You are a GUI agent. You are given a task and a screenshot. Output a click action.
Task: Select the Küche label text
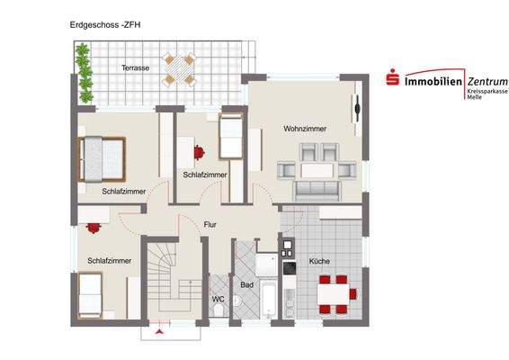[x=319, y=261]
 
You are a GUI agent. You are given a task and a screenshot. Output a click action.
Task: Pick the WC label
[x=218, y=298]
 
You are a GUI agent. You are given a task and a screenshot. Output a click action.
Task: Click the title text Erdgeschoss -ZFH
[x=104, y=25]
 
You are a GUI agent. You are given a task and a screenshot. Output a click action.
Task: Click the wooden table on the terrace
[x=179, y=68]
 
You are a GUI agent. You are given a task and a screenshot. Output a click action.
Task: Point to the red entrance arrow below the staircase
[x=159, y=334]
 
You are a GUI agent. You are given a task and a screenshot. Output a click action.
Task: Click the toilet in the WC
[x=220, y=312]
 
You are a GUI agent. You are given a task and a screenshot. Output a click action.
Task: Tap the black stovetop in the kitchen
[x=289, y=266]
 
